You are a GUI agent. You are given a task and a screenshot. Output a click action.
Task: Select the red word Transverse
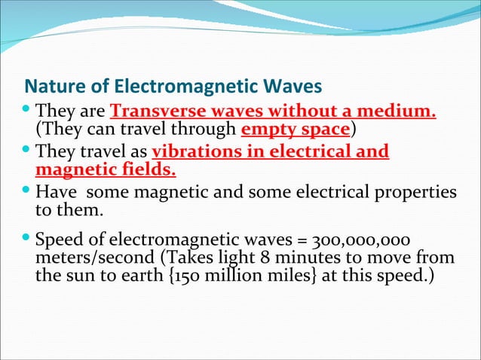(148, 113)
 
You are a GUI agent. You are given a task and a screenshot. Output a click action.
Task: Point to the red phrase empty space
(295, 130)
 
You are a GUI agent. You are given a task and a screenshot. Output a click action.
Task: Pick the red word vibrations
(191, 152)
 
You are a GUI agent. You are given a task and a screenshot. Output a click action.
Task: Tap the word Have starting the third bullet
(54, 193)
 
